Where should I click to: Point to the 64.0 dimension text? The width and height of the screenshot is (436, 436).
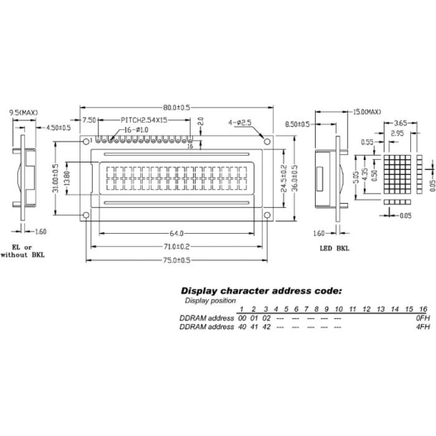click(175, 233)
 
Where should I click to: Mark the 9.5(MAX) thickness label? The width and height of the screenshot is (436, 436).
click(23, 112)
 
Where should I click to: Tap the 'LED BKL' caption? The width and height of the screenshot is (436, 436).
click(335, 248)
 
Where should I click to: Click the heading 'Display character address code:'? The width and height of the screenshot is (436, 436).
click(261, 291)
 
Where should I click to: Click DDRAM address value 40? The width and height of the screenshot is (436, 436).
click(242, 327)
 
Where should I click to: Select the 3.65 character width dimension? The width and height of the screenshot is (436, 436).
click(400, 122)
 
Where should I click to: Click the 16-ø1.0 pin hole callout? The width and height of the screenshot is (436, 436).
click(138, 130)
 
